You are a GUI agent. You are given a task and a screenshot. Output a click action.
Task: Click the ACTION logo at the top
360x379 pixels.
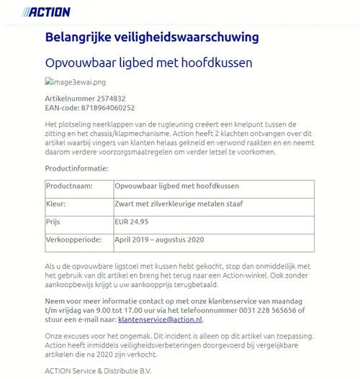point(47,12)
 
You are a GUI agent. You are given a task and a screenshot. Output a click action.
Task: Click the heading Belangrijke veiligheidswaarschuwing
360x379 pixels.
point(152,37)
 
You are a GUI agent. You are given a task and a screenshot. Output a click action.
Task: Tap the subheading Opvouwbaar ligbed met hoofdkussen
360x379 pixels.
point(148,63)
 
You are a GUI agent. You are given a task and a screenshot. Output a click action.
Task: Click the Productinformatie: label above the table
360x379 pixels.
point(76,168)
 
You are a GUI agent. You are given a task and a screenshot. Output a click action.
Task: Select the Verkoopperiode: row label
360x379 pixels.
point(74,239)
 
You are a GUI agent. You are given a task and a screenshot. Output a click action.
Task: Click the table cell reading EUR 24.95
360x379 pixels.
point(132,222)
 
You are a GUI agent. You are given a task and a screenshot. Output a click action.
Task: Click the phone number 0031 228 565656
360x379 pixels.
point(260,311)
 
